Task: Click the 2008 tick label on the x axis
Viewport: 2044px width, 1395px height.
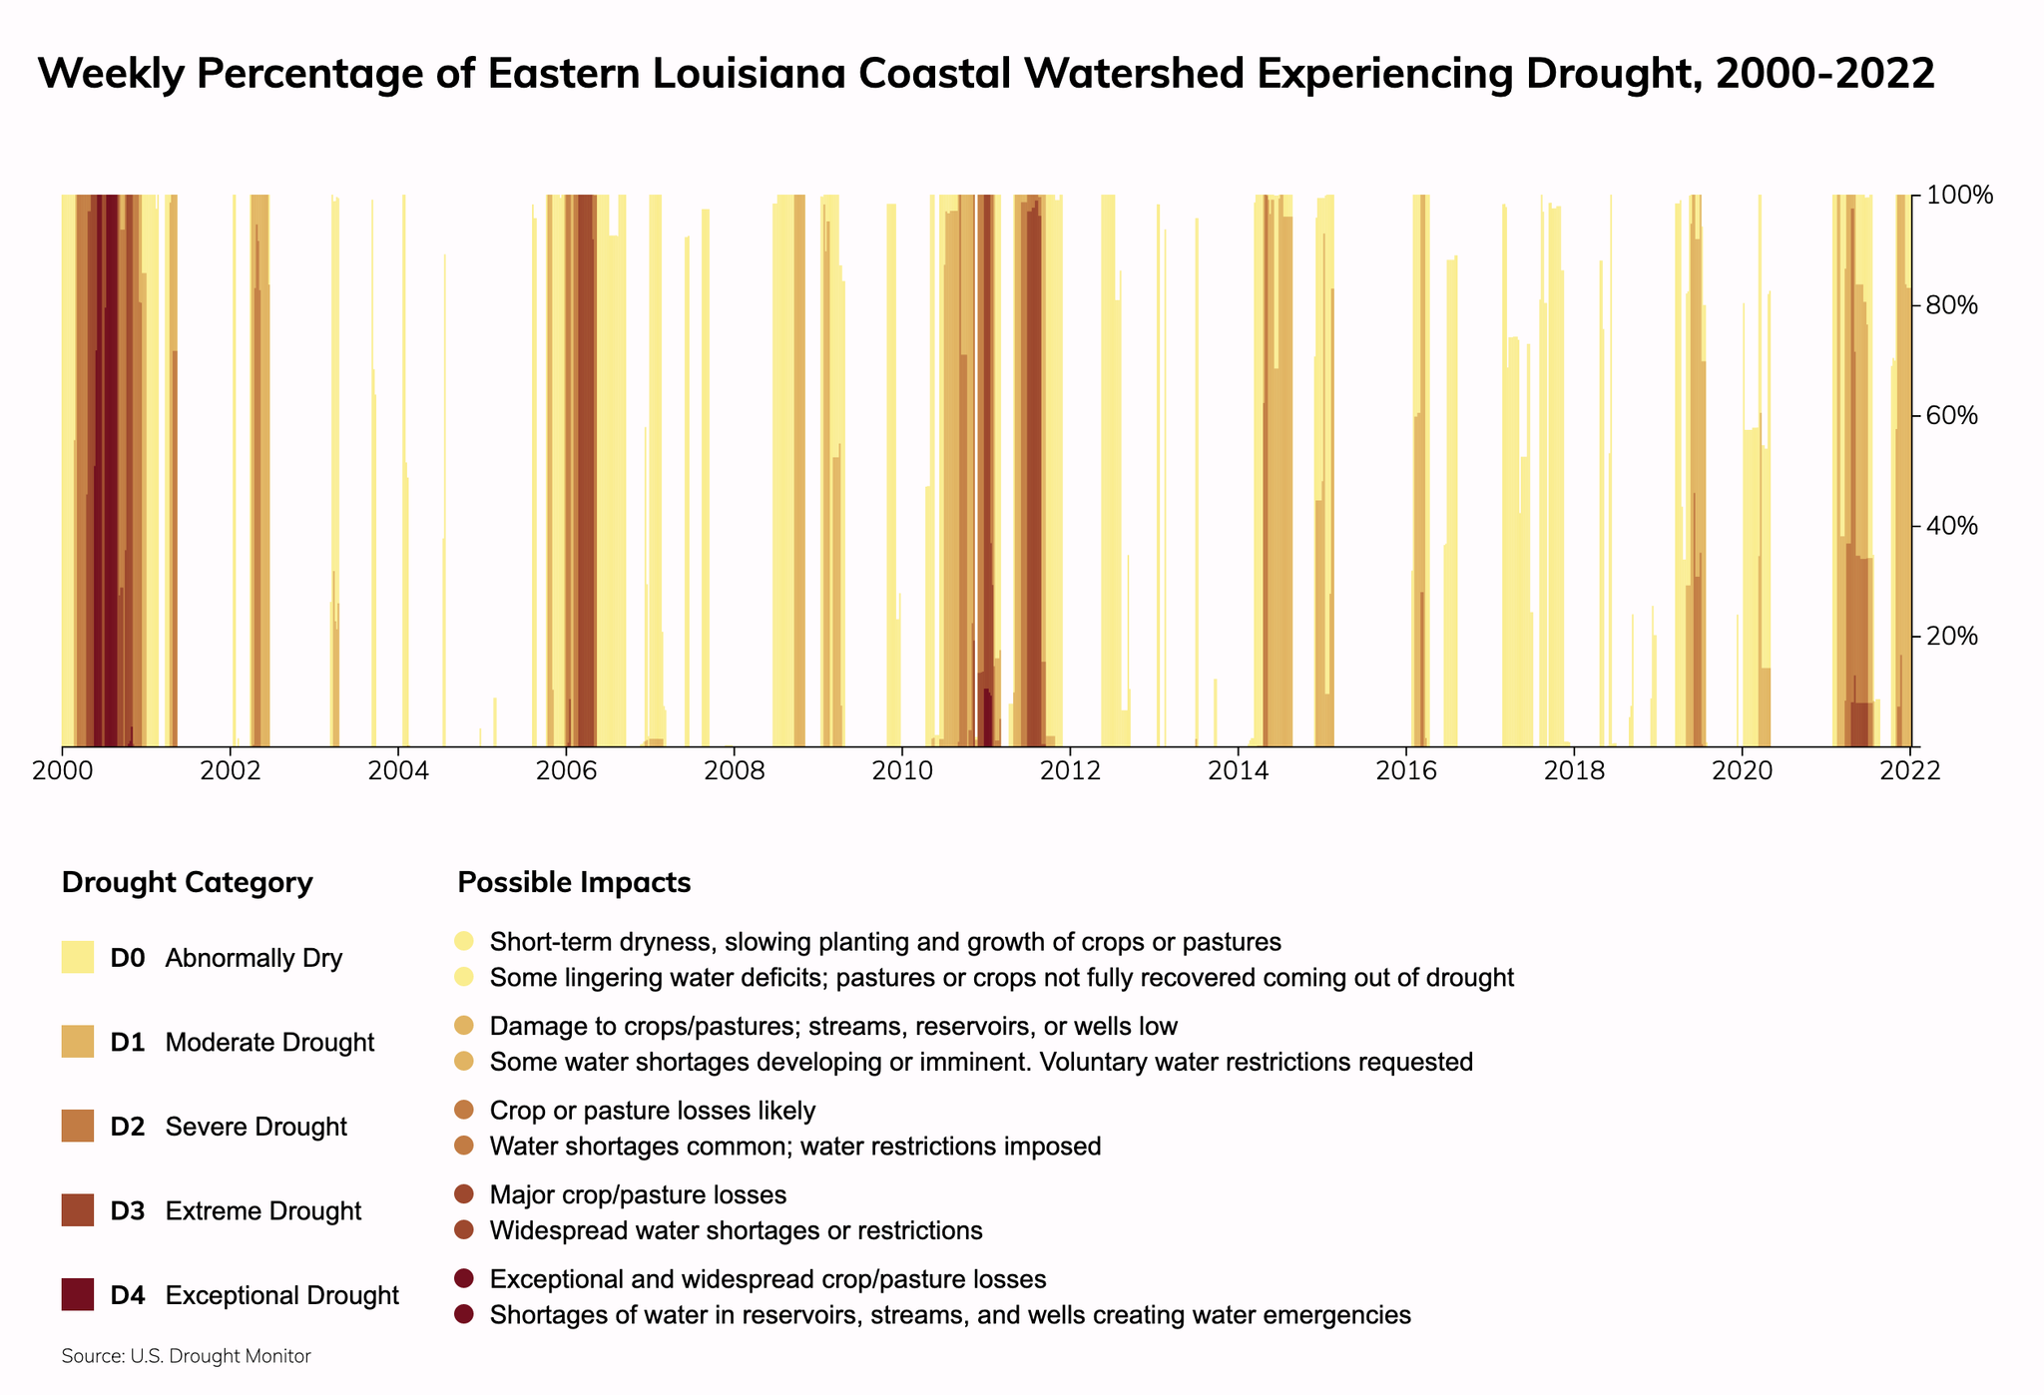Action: [734, 772]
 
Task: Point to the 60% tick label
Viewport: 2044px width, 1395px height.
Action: [1952, 416]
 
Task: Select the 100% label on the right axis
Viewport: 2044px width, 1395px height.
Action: [1958, 196]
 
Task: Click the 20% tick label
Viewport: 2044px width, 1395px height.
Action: [1952, 637]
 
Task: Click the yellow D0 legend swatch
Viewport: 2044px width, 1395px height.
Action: [78, 958]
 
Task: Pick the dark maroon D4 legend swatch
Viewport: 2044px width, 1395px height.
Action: [78, 1295]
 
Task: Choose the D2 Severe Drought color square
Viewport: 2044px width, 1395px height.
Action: [78, 1127]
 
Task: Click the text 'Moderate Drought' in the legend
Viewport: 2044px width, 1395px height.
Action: [269, 1043]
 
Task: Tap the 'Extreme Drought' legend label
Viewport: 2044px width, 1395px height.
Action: [262, 1211]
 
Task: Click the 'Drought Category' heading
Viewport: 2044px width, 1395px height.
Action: [187, 883]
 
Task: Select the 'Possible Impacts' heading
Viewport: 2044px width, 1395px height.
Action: [573, 883]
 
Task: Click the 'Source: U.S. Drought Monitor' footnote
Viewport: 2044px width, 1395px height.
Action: [186, 1357]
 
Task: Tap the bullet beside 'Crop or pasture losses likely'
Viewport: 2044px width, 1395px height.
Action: [464, 1110]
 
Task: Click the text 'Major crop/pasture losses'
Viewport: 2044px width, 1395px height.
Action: [638, 1195]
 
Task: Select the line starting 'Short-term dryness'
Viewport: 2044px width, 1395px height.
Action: [885, 942]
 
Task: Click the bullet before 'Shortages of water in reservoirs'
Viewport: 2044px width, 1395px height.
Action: [464, 1314]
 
